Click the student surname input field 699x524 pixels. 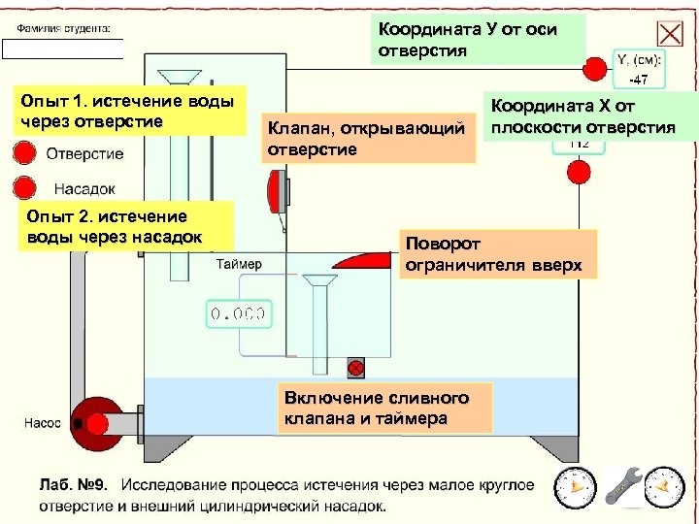click(x=62, y=49)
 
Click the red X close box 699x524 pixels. click(x=670, y=34)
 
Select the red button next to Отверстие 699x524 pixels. click(x=24, y=153)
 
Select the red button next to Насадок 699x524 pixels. click(x=24, y=186)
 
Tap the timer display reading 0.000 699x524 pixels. click(x=237, y=313)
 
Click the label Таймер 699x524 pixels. click(x=238, y=264)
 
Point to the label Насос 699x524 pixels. click(x=42, y=423)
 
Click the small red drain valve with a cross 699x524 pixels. click(x=356, y=368)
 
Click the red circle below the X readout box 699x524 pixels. click(x=579, y=173)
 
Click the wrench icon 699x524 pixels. click(x=622, y=486)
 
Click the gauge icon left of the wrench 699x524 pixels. click(x=575, y=486)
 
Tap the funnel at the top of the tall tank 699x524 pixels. click(x=178, y=78)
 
